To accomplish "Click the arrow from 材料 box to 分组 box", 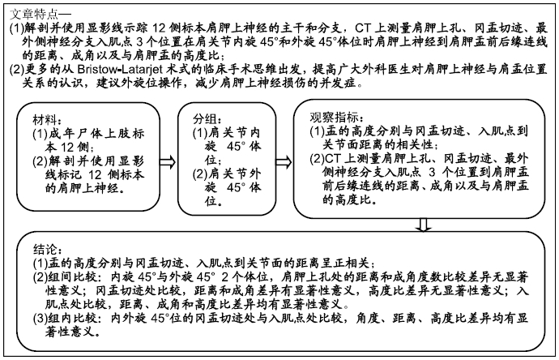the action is (168, 162).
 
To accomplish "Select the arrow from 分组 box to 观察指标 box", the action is (284, 162).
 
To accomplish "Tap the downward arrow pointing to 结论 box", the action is (423, 225).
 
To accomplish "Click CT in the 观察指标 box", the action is (332, 158).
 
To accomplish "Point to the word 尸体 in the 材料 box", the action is (89, 134).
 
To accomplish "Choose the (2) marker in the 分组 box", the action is (200, 174).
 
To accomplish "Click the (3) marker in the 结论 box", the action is (41, 318).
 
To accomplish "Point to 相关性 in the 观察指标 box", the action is (414, 144).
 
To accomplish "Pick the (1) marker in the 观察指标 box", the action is (317, 131).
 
